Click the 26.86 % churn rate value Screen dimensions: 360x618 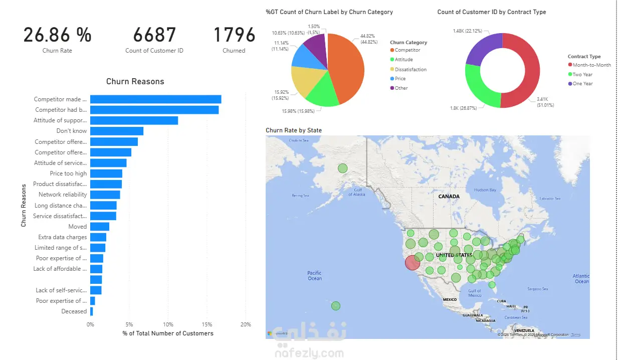pos(57,35)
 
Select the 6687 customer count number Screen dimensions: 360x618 pos(154,35)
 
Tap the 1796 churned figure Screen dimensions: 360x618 pos(234,35)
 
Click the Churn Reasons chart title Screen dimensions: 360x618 pos(135,81)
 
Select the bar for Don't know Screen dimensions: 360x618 pos(116,131)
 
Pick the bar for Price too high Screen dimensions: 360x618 pos(106,173)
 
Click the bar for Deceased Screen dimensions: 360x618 pos(91,311)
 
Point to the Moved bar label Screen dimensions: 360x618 pos(78,227)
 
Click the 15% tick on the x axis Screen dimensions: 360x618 pos(207,324)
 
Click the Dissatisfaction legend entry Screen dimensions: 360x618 pos(410,69)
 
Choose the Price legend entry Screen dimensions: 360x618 pos(400,79)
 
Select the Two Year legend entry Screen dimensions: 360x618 pos(582,74)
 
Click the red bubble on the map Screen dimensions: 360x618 pos(413,263)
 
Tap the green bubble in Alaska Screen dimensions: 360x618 pos(342,168)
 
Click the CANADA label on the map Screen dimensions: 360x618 pos(449,197)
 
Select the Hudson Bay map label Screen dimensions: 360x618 pos(485,190)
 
